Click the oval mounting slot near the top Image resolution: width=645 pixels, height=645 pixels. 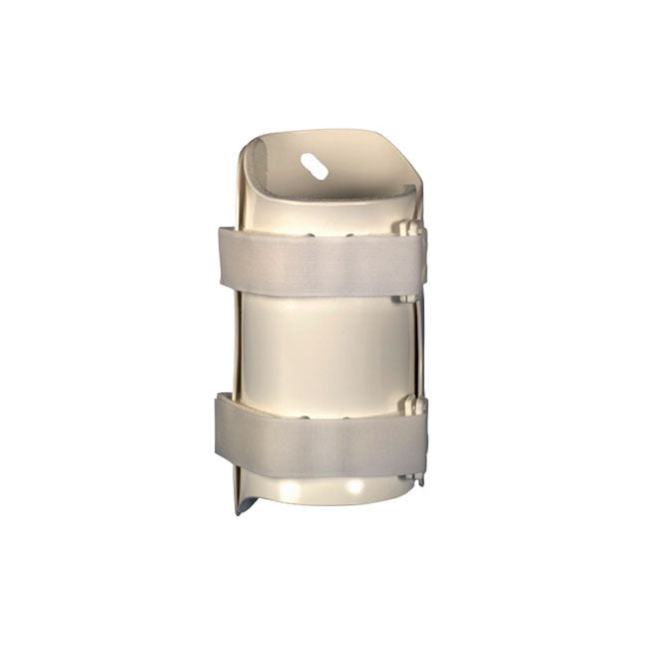315,167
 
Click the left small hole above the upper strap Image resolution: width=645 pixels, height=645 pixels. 312,236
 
